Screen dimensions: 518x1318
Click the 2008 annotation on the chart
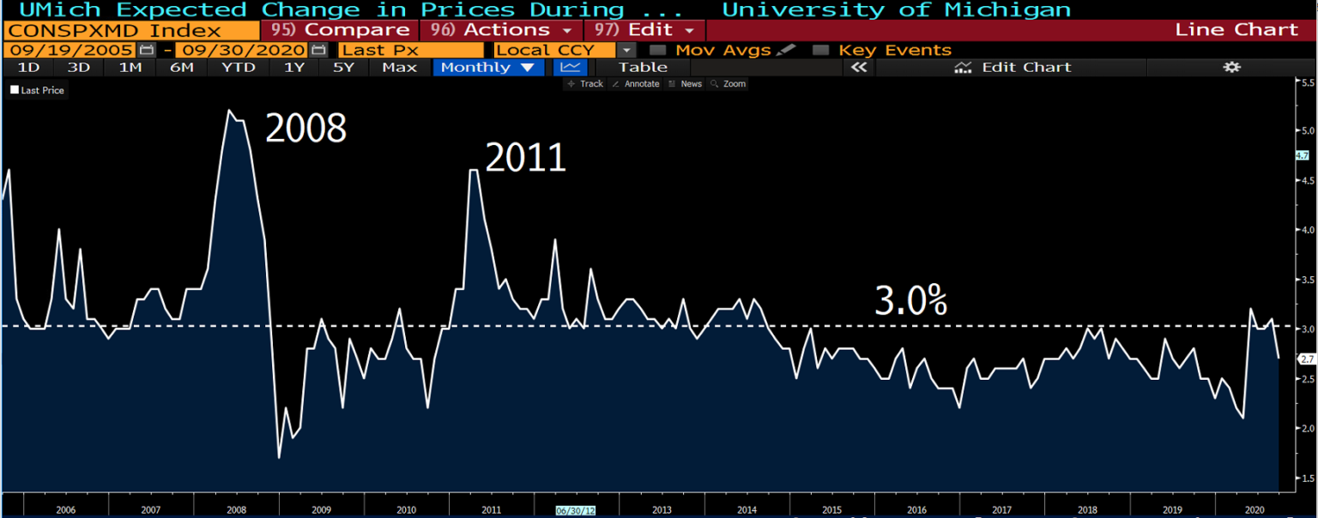305,129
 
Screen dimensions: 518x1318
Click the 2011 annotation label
525,159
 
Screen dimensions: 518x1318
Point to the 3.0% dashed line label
910,302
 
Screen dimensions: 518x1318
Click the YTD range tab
238,67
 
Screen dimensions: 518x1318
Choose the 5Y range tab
343,67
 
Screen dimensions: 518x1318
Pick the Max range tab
399,67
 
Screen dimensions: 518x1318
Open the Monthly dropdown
487,67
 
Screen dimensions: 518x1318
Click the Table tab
643,67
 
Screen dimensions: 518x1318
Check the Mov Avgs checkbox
658,50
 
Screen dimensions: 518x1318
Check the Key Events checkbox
821,50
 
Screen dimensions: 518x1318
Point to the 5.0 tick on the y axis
1309,130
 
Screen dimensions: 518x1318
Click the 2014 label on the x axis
747,509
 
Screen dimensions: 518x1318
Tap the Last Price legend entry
38,90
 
